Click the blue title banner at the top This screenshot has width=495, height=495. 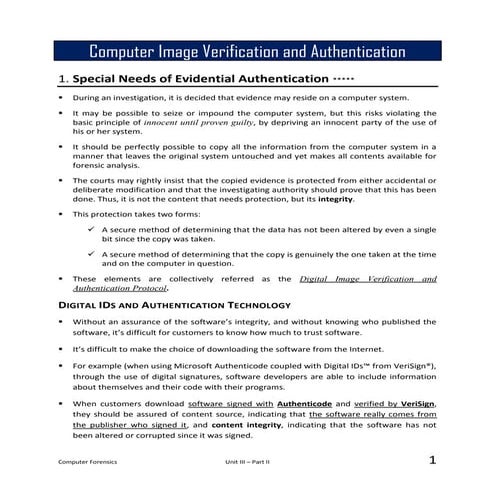(247, 51)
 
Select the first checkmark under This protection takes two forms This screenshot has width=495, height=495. (91, 229)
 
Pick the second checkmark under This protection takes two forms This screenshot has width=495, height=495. (91, 253)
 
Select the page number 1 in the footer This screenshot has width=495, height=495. (432, 460)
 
